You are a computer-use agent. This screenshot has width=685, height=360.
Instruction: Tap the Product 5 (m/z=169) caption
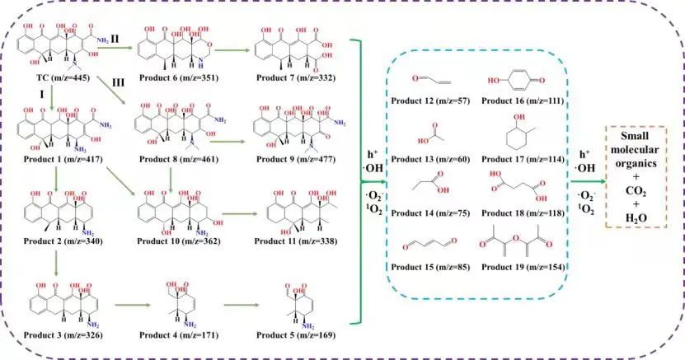coord(298,336)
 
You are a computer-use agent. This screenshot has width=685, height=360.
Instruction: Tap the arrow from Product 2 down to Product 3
coord(54,255)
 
